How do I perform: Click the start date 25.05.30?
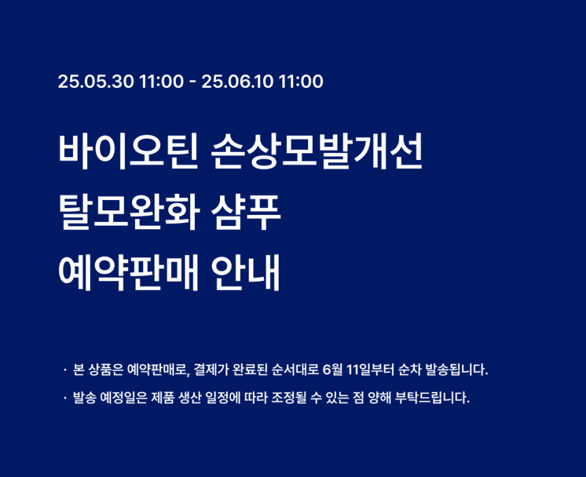pyautogui.click(x=95, y=82)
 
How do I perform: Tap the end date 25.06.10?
pyautogui.click(x=238, y=82)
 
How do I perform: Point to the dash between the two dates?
pyautogui.click(x=192, y=82)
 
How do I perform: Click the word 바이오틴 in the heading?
pyautogui.click(x=128, y=152)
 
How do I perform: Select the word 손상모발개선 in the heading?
pyautogui.click(x=317, y=152)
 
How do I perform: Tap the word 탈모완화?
pyautogui.click(x=128, y=212)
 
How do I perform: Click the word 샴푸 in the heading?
pyautogui.click(x=245, y=212)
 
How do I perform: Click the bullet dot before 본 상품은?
pyautogui.click(x=65, y=370)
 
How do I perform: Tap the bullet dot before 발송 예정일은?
pyautogui.click(x=65, y=398)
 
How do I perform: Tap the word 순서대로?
pyautogui.click(x=295, y=370)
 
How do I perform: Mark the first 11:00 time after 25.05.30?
pyautogui.click(x=161, y=82)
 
